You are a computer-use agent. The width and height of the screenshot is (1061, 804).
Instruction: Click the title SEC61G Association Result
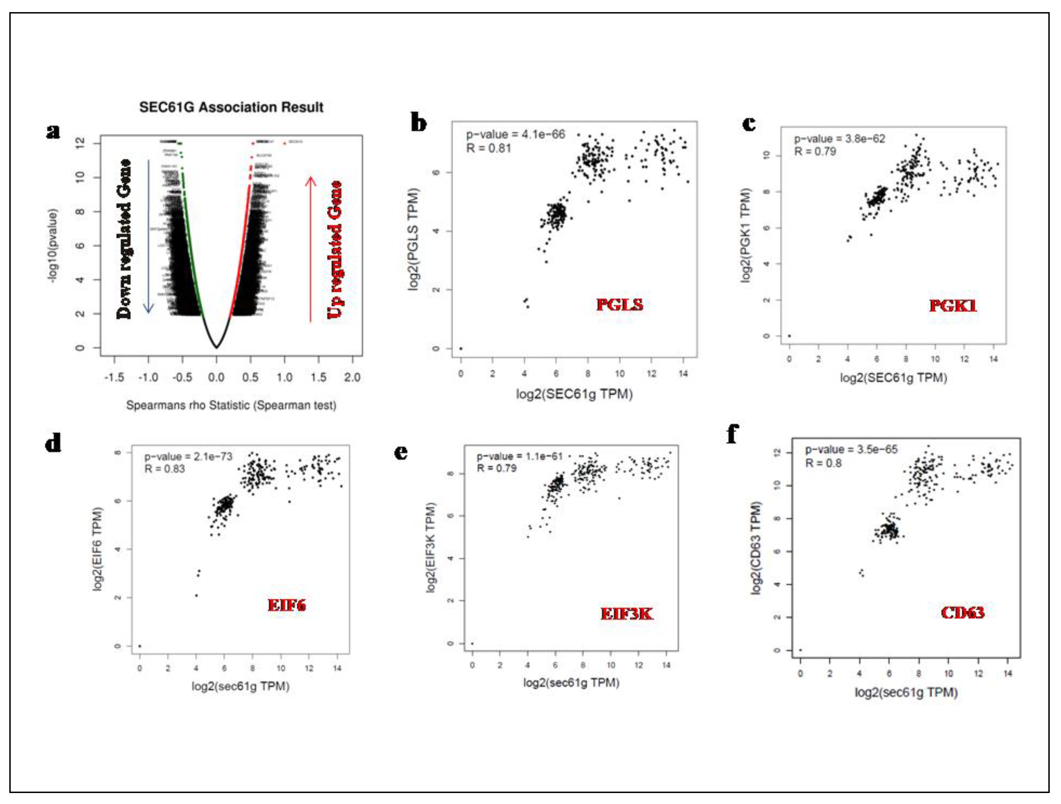point(231,107)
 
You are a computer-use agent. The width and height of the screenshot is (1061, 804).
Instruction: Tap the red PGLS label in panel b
point(619,304)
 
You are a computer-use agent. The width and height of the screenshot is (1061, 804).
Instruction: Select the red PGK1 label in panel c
point(953,305)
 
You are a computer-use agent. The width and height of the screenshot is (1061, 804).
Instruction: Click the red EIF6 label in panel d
point(286,605)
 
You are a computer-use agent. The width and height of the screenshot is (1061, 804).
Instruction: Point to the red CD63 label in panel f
point(962,612)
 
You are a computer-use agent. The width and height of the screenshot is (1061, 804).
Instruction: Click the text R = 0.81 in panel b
point(488,148)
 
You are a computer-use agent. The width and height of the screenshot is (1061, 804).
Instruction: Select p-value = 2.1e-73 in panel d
point(188,456)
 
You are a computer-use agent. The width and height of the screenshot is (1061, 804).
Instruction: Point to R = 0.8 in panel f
point(823,463)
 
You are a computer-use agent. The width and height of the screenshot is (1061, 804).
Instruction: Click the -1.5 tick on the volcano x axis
point(114,377)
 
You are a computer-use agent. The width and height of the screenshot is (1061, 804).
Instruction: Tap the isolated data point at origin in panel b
point(461,349)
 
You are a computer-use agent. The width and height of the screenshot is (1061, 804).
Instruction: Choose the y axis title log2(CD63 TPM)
point(756,548)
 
